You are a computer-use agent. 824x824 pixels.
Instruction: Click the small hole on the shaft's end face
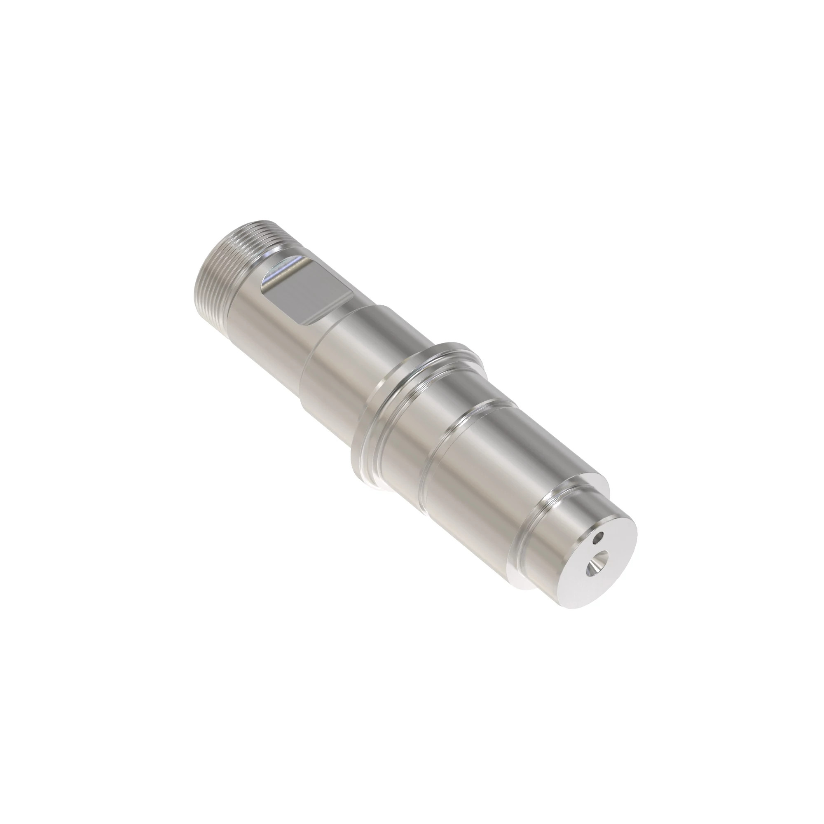tap(601, 537)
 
